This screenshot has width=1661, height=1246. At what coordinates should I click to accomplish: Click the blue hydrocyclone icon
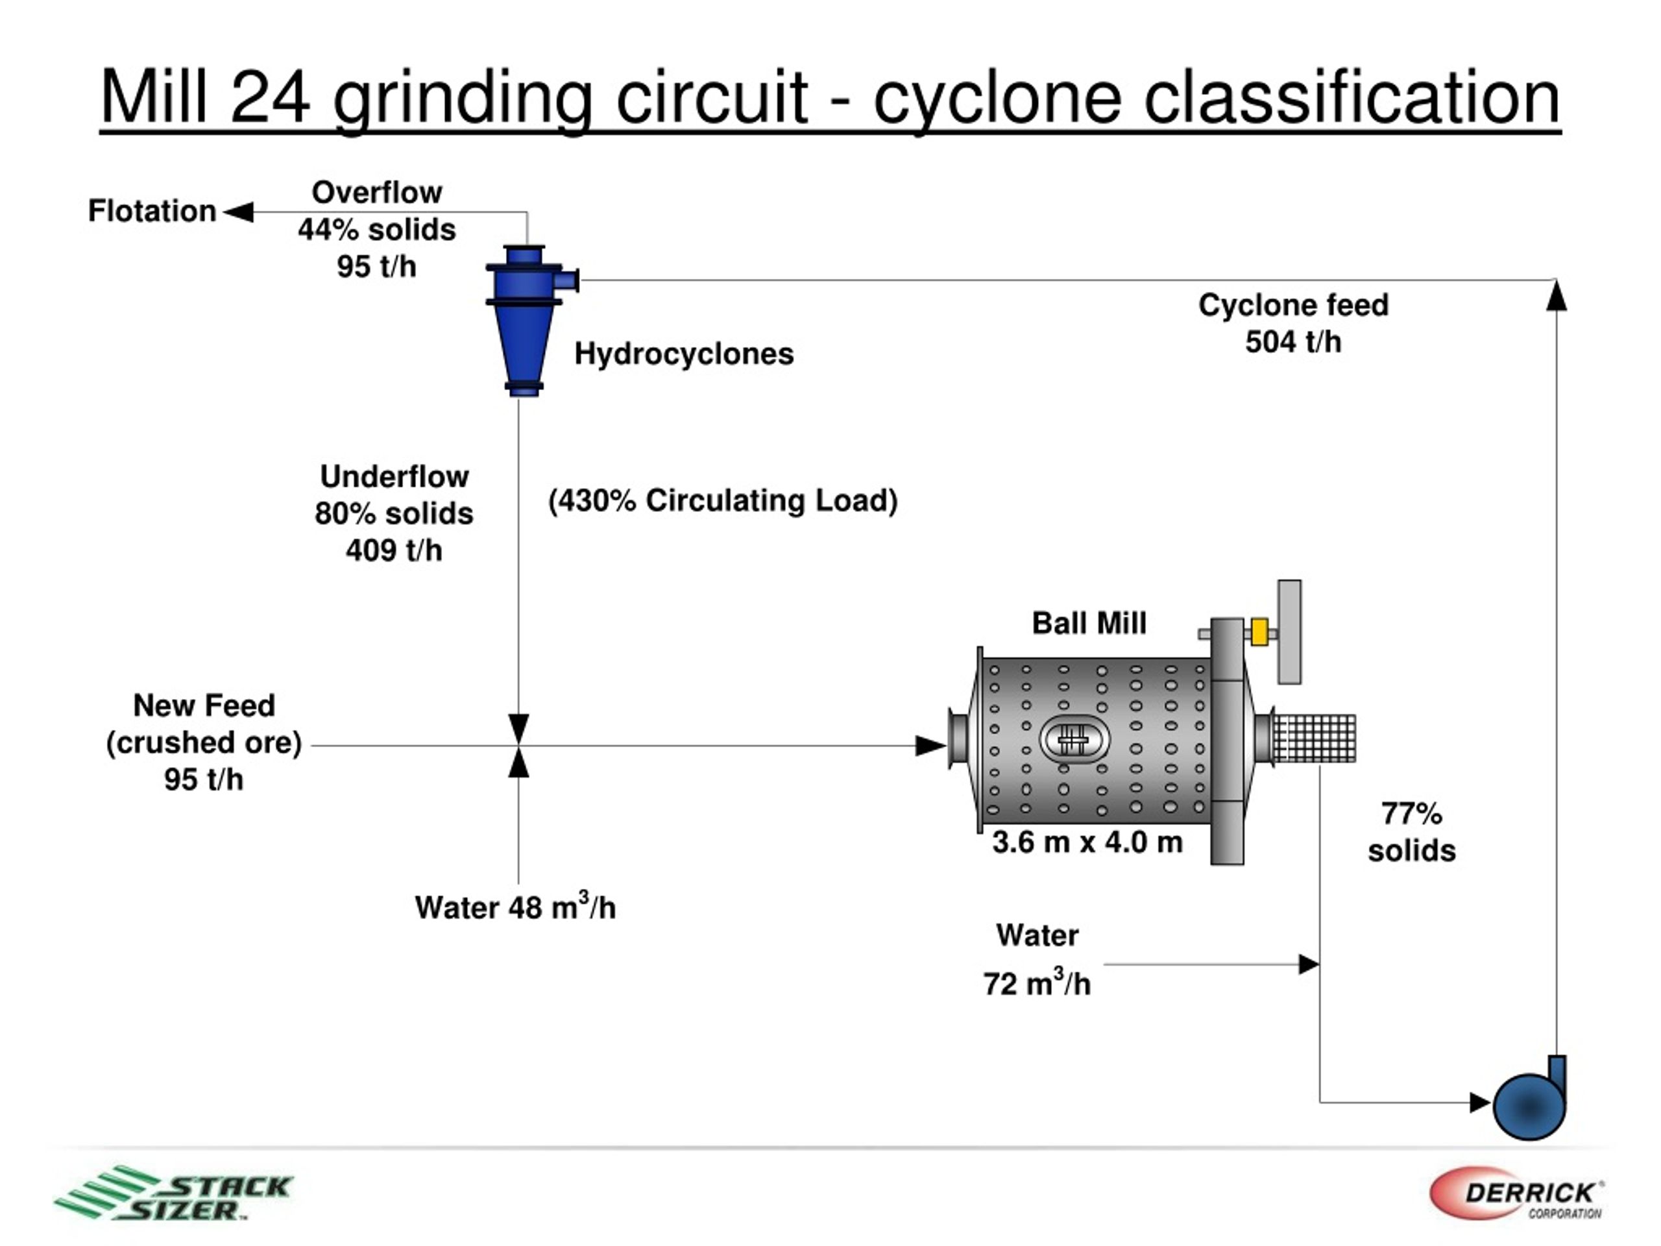pyautogui.click(x=526, y=319)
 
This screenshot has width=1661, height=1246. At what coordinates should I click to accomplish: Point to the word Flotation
pyautogui.click(x=152, y=211)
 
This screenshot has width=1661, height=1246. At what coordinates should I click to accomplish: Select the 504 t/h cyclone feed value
pyautogui.click(x=1293, y=342)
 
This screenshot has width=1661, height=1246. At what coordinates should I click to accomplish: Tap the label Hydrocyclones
pyautogui.click(x=684, y=354)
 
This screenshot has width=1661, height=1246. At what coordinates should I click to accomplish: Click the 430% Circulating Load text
pyautogui.click(x=723, y=501)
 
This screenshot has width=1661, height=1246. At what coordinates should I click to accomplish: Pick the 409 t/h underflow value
pyautogui.click(x=394, y=550)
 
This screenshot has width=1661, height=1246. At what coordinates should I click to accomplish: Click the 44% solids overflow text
pyautogui.click(x=377, y=230)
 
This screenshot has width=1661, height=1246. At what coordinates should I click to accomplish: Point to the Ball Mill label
pyautogui.click(x=1089, y=622)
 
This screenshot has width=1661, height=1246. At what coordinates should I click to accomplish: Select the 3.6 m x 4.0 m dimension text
pyautogui.click(x=1087, y=842)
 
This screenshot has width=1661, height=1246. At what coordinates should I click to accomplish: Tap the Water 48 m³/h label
pyautogui.click(x=515, y=906)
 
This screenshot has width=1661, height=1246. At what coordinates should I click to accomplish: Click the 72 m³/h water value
pyautogui.click(x=1037, y=983)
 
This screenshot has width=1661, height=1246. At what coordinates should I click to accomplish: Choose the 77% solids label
pyautogui.click(x=1412, y=832)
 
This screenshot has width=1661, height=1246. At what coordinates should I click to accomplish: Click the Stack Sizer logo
pyautogui.click(x=173, y=1193)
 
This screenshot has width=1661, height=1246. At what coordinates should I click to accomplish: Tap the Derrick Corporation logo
pyautogui.click(x=1517, y=1193)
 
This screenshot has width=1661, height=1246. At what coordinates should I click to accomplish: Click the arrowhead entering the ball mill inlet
pyautogui.click(x=931, y=746)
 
